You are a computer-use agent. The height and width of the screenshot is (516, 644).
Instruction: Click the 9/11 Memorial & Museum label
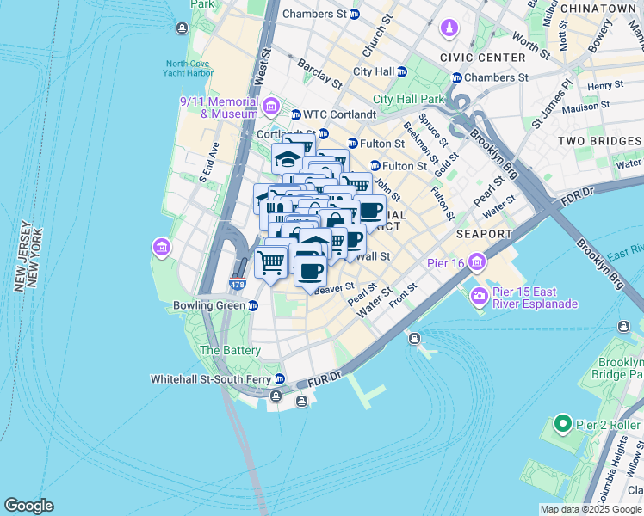coord(219,107)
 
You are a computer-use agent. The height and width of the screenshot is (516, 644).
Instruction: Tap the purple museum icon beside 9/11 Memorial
coord(272,107)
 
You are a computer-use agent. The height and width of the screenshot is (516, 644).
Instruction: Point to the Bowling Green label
coord(209,306)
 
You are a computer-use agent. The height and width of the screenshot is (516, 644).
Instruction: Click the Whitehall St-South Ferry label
coord(211,378)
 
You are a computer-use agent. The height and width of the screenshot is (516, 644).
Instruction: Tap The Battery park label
coord(230,350)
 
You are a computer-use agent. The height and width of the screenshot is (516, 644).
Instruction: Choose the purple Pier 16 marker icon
coord(476,261)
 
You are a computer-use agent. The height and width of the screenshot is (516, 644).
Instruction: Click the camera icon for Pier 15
coord(479,297)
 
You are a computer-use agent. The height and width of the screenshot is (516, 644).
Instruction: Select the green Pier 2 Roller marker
coord(562,424)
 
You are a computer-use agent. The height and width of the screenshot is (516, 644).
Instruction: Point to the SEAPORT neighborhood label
coord(485,233)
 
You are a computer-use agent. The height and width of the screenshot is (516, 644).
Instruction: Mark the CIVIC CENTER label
coord(482,57)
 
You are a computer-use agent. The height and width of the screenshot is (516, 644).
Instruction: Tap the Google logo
coord(28,506)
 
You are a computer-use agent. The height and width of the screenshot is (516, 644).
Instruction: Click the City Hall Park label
coord(409,99)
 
